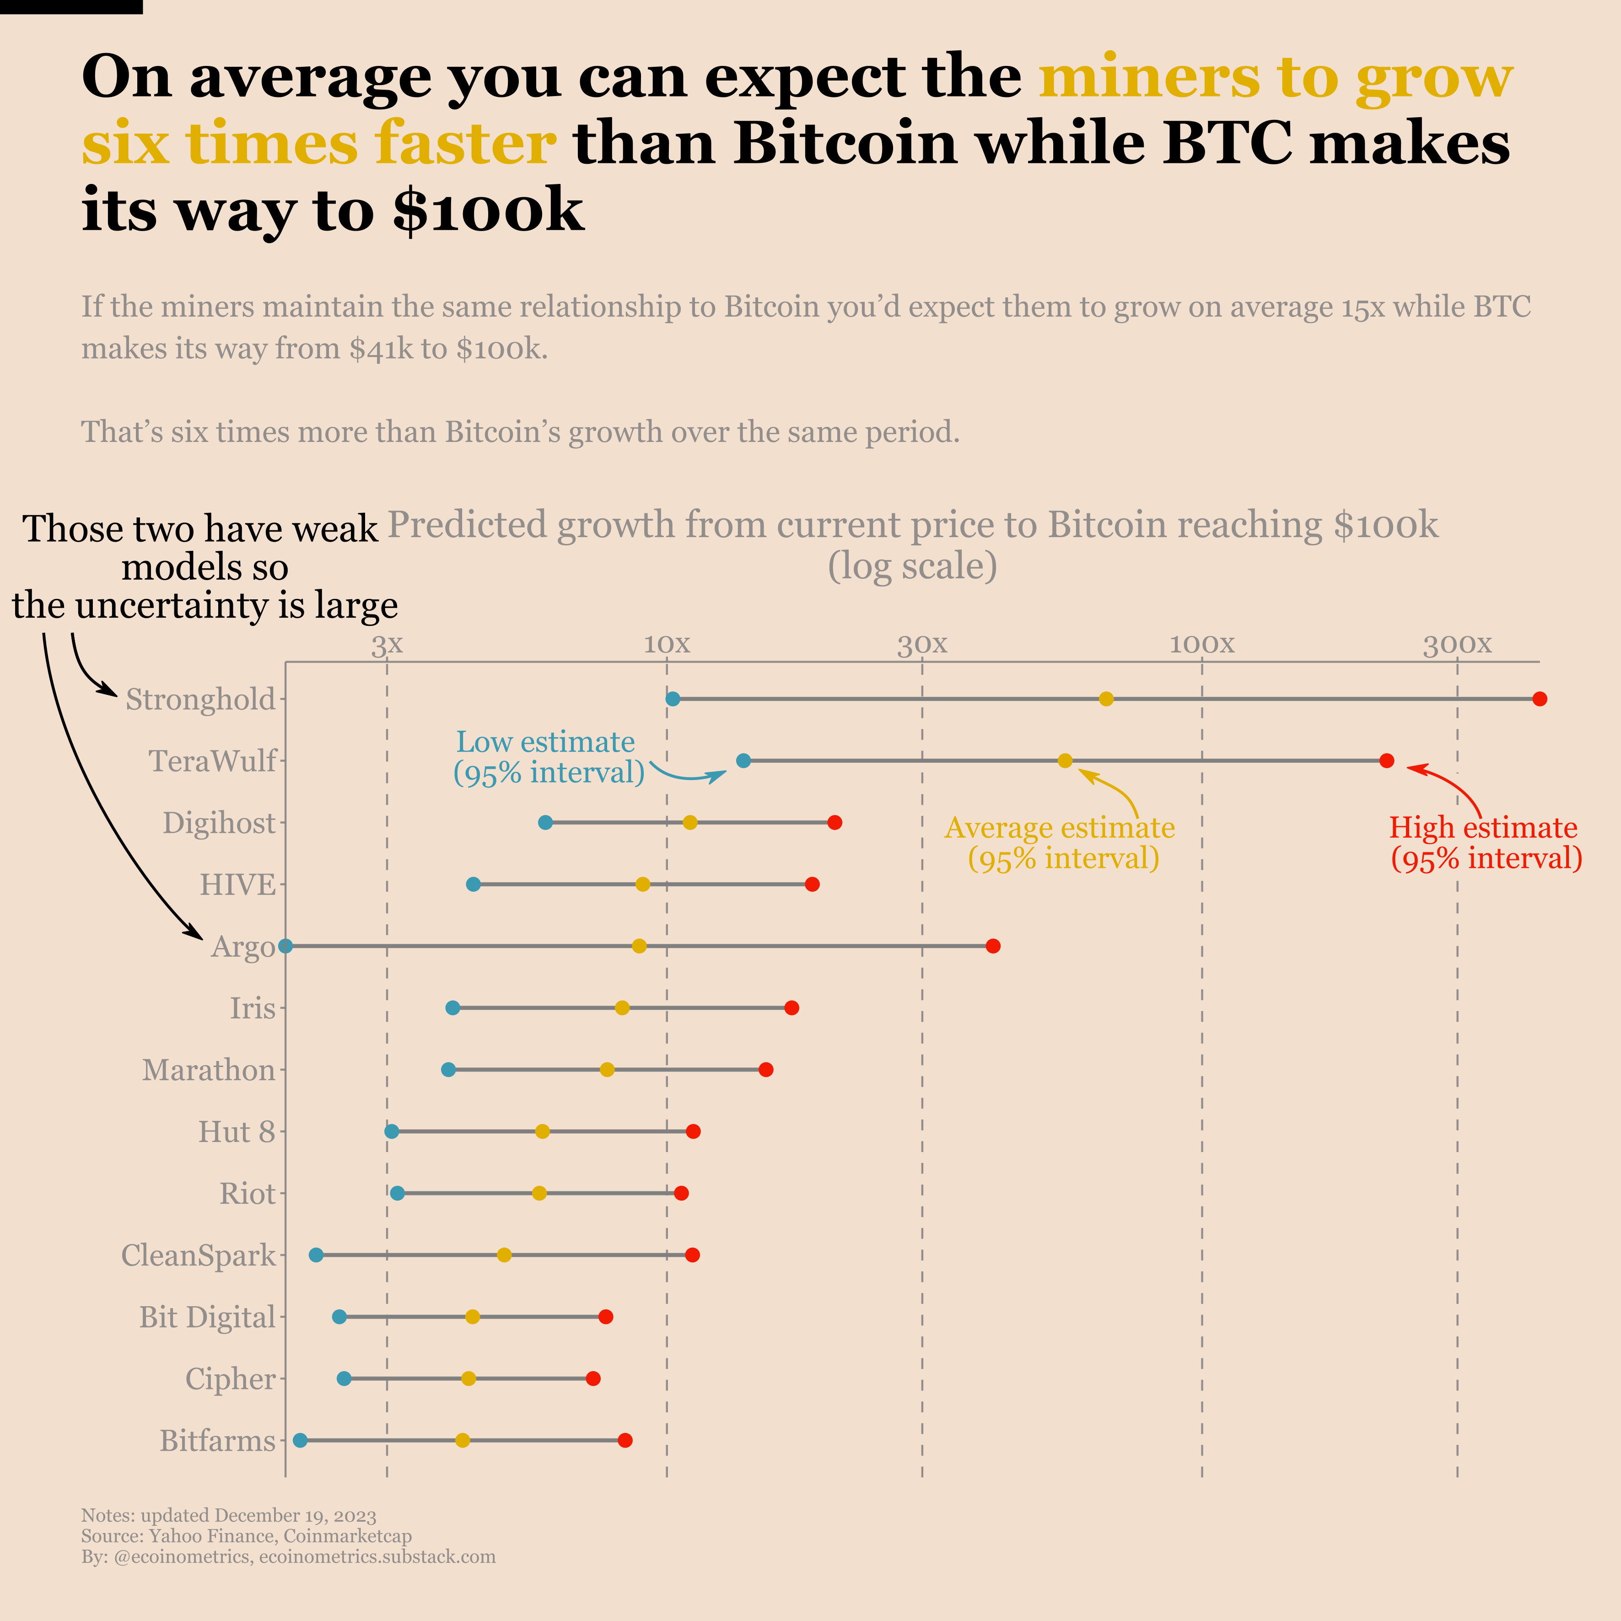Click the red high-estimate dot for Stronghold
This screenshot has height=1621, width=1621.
tap(1539, 699)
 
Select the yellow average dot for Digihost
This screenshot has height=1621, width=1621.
tap(689, 822)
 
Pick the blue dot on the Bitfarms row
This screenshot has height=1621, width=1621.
tap(301, 1441)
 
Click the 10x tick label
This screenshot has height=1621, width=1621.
tap(667, 644)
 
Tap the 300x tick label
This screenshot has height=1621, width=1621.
tap(1457, 644)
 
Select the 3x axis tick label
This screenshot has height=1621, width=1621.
tap(387, 644)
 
